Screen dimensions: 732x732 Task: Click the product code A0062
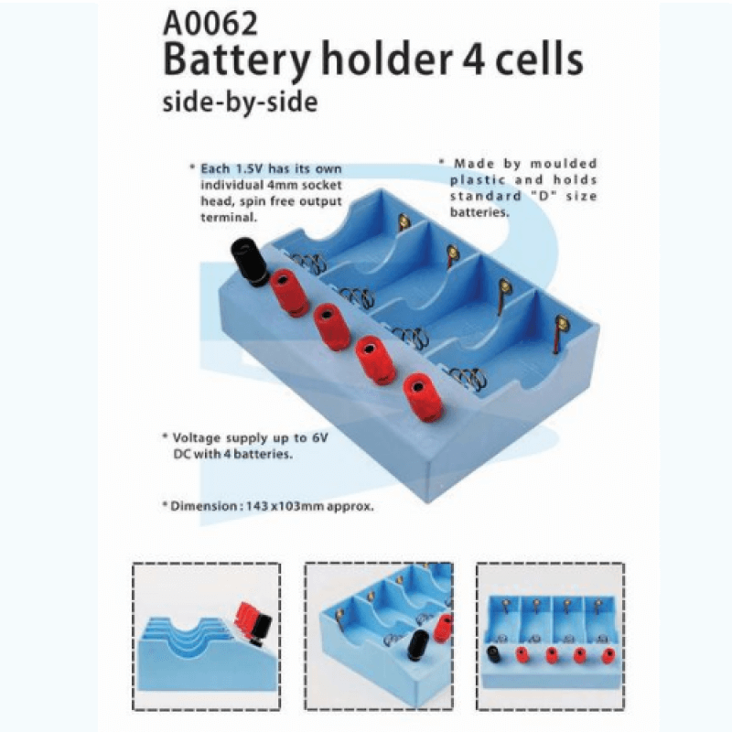pos(210,24)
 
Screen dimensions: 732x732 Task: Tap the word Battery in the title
pos(237,60)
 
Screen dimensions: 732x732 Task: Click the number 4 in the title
pos(473,59)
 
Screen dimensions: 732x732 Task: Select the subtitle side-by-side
pos(240,102)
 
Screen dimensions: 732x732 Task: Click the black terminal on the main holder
pos(250,262)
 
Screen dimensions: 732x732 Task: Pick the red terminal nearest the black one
pos(289,293)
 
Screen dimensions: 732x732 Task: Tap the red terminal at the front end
pos(423,397)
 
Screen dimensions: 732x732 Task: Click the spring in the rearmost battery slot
pos(308,263)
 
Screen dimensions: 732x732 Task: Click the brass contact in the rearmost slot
pos(404,221)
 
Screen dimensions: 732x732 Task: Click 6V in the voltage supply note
pos(319,438)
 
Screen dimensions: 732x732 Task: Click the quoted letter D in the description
pos(543,196)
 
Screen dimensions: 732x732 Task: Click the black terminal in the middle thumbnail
pos(417,646)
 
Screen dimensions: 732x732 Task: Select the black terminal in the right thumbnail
pos(493,653)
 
